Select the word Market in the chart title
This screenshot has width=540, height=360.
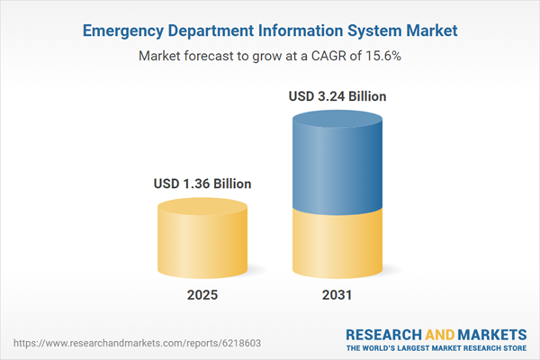(428, 31)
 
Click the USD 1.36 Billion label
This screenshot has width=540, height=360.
(202, 184)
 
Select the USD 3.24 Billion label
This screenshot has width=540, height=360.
(338, 94)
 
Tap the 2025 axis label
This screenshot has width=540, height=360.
(202, 295)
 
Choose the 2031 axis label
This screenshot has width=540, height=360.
(338, 295)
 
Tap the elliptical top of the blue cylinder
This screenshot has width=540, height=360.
(338, 118)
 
